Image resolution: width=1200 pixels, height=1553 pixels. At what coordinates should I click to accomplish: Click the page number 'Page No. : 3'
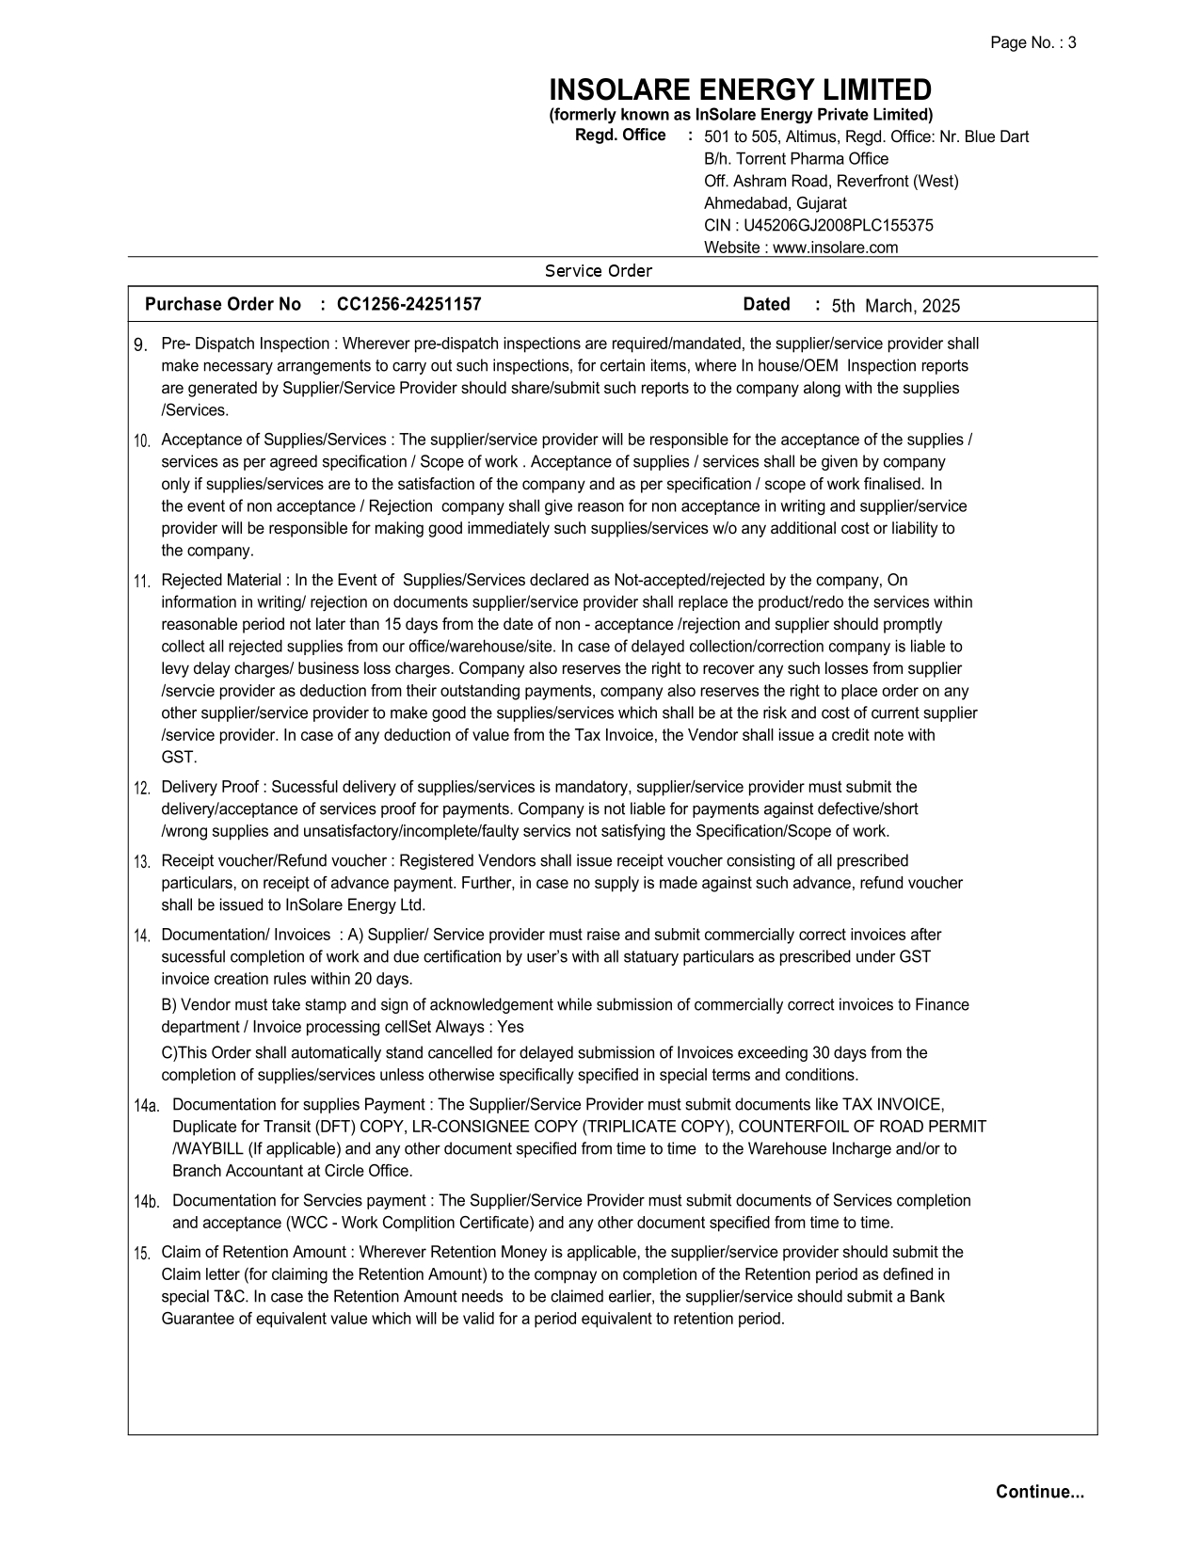pos(1032,42)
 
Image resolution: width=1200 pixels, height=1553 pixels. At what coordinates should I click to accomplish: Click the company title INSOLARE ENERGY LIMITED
pos(740,90)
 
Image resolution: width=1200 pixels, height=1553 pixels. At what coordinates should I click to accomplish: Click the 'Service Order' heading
pos(599,271)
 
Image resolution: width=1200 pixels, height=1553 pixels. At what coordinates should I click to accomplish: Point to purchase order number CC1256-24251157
pos(408,305)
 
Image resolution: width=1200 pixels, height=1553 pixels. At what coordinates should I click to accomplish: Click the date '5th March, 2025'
pos(895,306)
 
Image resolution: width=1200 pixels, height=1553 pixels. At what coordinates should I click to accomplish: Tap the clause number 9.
pos(140,345)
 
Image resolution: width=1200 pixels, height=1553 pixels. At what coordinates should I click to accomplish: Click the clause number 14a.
pos(147,1106)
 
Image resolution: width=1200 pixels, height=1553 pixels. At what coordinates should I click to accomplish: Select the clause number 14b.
pos(147,1202)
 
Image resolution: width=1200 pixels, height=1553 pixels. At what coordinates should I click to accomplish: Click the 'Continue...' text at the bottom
pos(1040,1492)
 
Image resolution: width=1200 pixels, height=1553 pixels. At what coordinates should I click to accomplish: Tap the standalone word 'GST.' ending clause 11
pos(179,758)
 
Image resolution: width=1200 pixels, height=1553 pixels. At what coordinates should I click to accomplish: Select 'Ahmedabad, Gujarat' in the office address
pos(776,203)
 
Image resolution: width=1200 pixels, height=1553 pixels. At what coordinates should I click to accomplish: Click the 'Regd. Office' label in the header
pos(620,136)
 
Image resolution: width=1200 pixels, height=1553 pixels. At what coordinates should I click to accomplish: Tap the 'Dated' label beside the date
pos(766,305)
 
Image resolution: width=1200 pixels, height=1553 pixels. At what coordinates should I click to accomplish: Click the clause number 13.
pos(142,862)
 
